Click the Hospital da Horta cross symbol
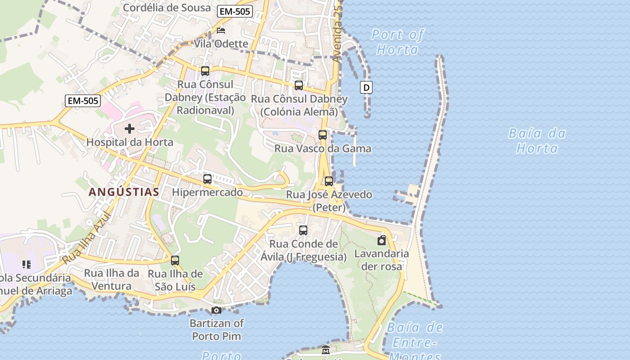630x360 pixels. click(x=130, y=129)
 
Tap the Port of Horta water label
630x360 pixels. click(x=398, y=42)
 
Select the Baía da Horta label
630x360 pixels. click(x=537, y=140)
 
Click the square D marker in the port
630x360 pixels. click(x=366, y=87)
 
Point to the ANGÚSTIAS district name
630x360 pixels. click(x=124, y=192)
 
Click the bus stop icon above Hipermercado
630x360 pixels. click(x=207, y=179)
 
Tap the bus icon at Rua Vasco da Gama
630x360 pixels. click(x=323, y=135)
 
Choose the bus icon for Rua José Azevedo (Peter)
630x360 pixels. click(x=329, y=181)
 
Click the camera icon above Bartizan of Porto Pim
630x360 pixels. click(x=216, y=310)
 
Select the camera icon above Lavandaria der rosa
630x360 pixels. click(x=382, y=240)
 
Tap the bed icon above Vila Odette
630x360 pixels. click(x=221, y=31)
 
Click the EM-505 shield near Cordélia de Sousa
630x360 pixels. click(x=234, y=12)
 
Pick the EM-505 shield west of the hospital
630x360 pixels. click(x=82, y=101)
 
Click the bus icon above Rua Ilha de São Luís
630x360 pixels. click(x=175, y=261)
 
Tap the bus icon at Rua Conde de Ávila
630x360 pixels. click(x=303, y=230)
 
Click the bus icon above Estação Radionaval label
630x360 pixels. click(x=205, y=71)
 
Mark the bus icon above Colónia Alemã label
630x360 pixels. click(x=298, y=85)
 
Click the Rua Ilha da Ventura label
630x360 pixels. click(x=112, y=279)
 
